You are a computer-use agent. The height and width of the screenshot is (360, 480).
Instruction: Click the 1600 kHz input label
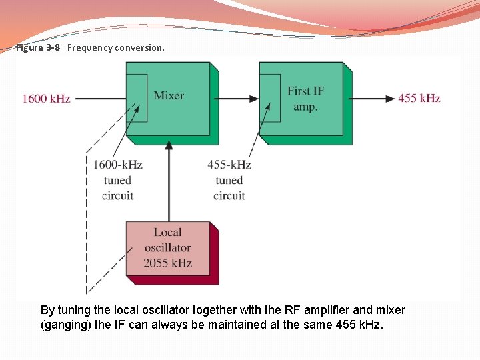tap(46, 99)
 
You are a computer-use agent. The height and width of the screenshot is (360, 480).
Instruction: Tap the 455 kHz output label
tap(419, 98)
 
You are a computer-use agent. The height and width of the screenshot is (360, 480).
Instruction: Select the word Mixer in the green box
tap(169, 95)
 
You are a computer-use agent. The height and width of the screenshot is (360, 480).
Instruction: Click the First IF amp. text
tap(303, 99)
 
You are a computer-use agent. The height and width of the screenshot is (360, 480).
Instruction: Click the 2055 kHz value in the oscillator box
tap(167, 263)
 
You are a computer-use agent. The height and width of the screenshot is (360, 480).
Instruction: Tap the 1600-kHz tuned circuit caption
tap(118, 180)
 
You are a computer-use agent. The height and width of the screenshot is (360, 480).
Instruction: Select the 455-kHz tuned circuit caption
tap(229, 180)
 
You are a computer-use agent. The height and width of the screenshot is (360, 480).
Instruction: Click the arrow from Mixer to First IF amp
tap(239, 99)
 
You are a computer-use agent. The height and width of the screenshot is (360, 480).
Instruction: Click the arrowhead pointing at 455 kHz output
tap(389, 99)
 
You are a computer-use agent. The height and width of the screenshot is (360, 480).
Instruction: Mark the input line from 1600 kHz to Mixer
tap(100, 99)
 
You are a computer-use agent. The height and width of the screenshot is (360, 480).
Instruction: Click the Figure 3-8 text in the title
tap(38, 48)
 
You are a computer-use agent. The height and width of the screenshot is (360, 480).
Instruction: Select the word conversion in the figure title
tap(139, 48)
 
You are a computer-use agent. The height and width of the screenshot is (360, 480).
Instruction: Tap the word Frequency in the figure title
tap(90, 48)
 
